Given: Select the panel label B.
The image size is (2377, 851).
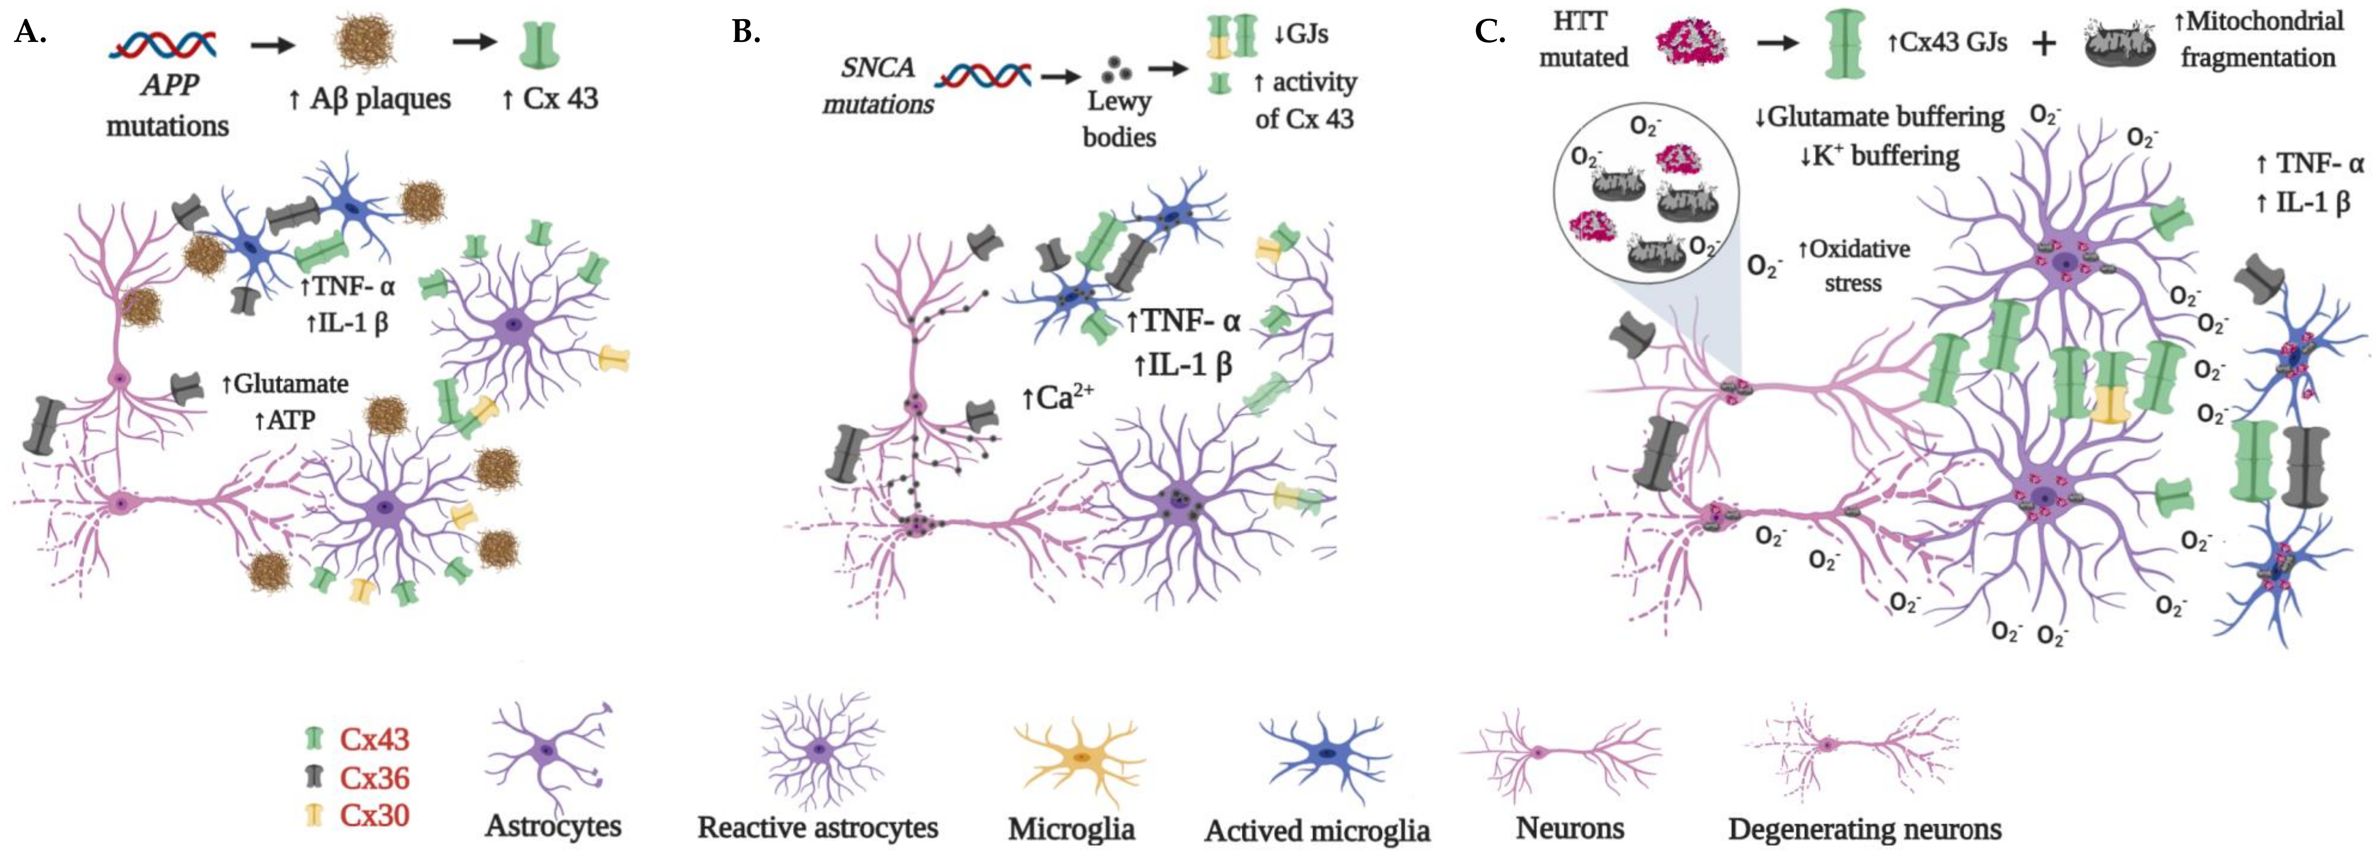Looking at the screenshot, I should pos(746,33).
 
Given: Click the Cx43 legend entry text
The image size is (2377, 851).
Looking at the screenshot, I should pos(374,739).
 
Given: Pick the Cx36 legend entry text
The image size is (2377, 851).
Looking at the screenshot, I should pos(374,778).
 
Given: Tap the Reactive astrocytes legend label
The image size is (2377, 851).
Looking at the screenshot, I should pos(818,827).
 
